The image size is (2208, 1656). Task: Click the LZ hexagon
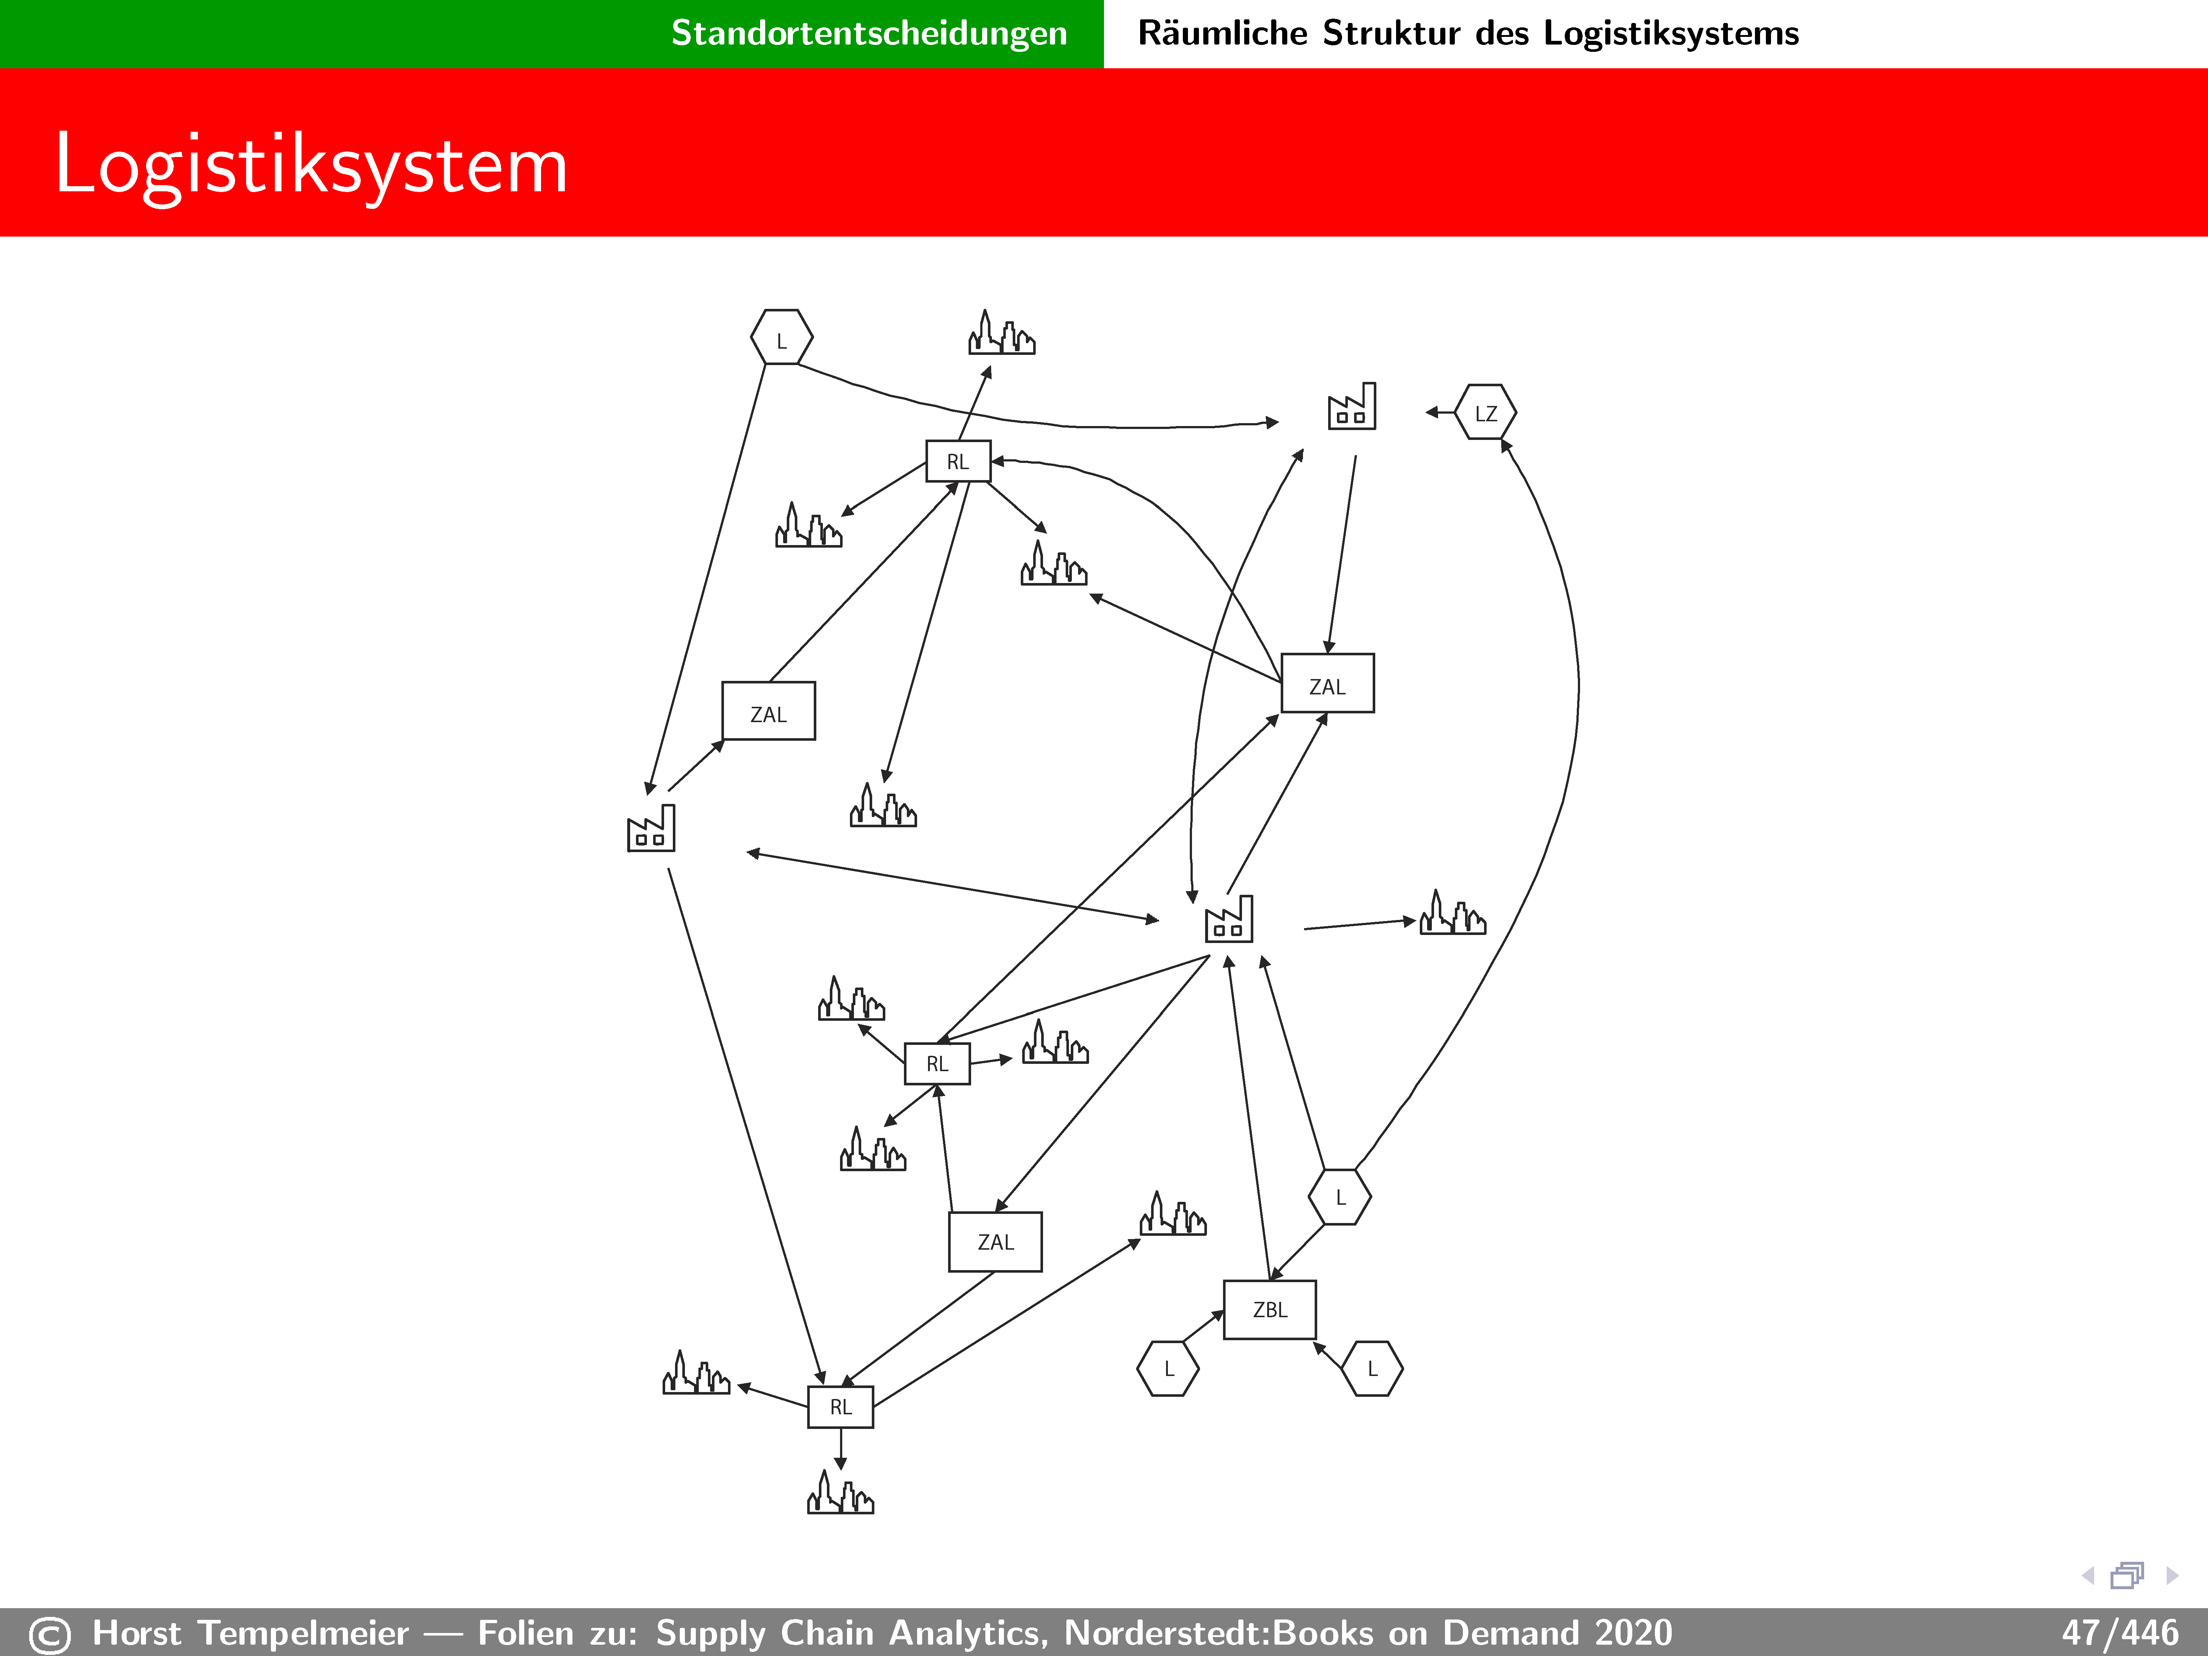1485,412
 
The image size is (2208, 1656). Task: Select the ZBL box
1270,1310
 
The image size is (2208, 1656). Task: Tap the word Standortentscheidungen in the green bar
869,33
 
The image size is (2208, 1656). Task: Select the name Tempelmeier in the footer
303,1633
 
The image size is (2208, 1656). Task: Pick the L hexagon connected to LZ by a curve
1339,1197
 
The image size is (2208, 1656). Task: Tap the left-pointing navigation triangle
2087,1575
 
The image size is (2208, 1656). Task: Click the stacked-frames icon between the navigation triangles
2127,1575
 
